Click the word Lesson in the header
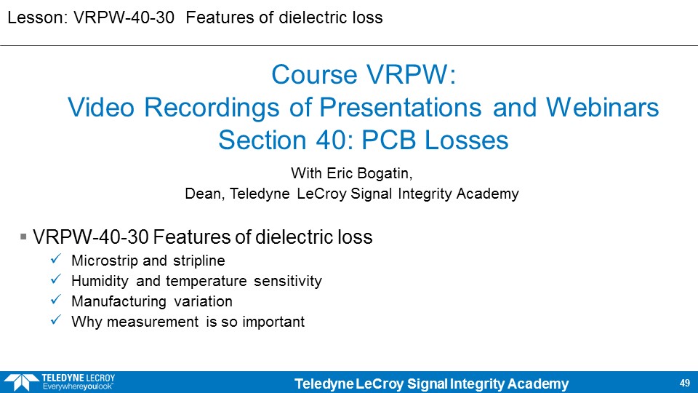pyautogui.click(x=36, y=17)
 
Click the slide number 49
pyautogui.click(x=685, y=383)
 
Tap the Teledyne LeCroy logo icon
pyautogui.click(x=21, y=382)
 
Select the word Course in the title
pyautogui.click(x=315, y=74)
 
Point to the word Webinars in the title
pyautogui.click(x=602, y=108)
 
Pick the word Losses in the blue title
pyautogui.click(x=466, y=140)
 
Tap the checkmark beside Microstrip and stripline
pyautogui.click(x=56, y=259)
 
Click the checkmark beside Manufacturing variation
pyautogui.click(x=56, y=300)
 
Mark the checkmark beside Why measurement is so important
pyautogui.click(x=56, y=320)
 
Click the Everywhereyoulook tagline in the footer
pyautogui.click(x=78, y=386)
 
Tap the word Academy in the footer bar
pyautogui.click(x=538, y=384)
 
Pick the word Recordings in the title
pyautogui.click(x=212, y=108)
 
